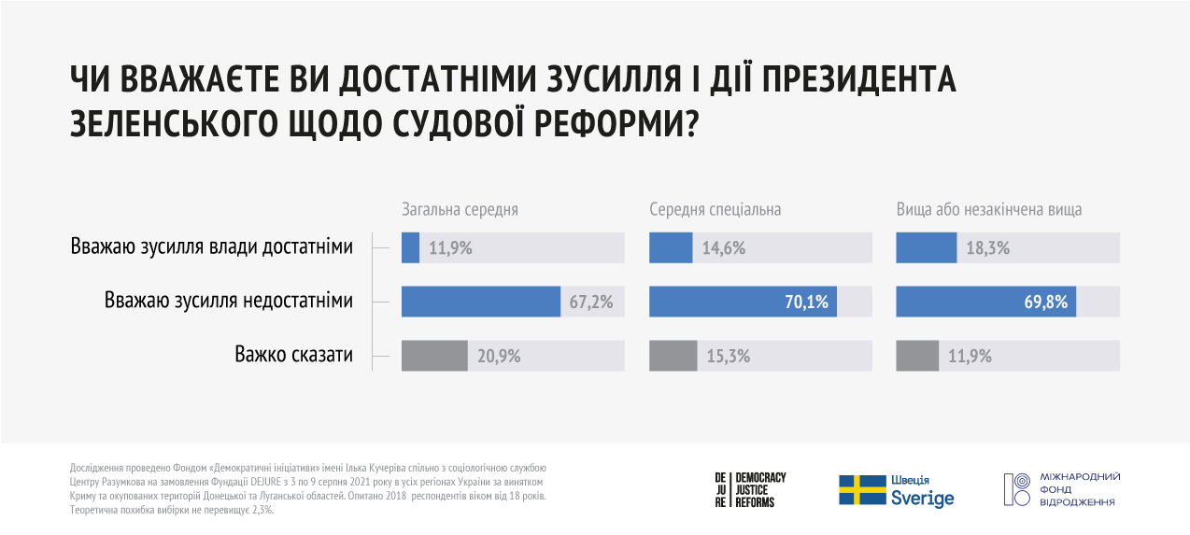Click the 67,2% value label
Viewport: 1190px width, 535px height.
[x=591, y=302]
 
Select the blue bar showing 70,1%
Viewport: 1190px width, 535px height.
[x=743, y=302]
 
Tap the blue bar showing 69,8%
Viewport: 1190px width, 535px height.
[x=985, y=302]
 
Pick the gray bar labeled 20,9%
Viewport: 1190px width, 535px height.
[x=434, y=356]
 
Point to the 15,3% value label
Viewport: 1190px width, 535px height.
[x=726, y=356]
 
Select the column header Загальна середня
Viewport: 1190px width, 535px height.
[x=460, y=209]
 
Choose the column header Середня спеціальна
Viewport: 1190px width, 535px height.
[x=715, y=209]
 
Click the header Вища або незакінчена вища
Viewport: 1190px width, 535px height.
[x=989, y=209]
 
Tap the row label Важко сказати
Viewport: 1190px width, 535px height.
[x=293, y=355]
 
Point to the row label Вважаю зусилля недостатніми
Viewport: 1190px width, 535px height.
[x=229, y=301]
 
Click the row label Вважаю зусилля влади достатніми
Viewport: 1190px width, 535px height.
[x=211, y=247]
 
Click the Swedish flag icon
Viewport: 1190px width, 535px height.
[x=861, y=489]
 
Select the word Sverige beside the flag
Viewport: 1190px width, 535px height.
[x=922, y=499]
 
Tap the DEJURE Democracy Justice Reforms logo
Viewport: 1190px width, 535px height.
[x=750, y=489]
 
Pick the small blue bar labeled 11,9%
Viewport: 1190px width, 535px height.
[x=410, y=248]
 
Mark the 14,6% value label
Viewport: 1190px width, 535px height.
[x=726, y=248]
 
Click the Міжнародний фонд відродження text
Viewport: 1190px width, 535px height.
[x=1082, y=489]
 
